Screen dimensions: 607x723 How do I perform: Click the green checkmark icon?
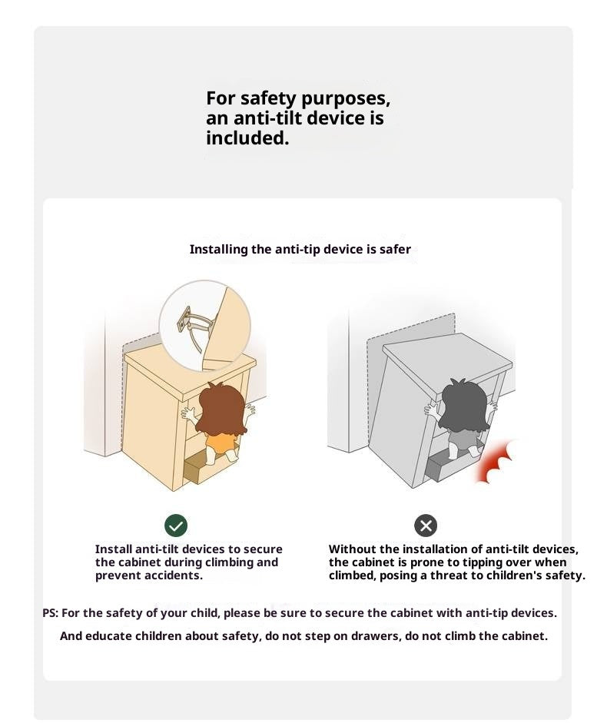[176, 526]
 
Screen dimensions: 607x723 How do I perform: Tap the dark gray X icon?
[425, 526]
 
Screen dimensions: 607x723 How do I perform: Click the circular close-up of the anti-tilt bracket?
[205, 326]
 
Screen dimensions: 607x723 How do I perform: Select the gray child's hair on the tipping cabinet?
[463, 405]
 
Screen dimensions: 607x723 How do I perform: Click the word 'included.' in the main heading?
[247, 138]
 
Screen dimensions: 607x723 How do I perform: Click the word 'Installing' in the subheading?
[219, 250]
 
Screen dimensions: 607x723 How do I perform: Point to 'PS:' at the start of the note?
[50, 613]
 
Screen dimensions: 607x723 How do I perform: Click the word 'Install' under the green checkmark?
[114, 549]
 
